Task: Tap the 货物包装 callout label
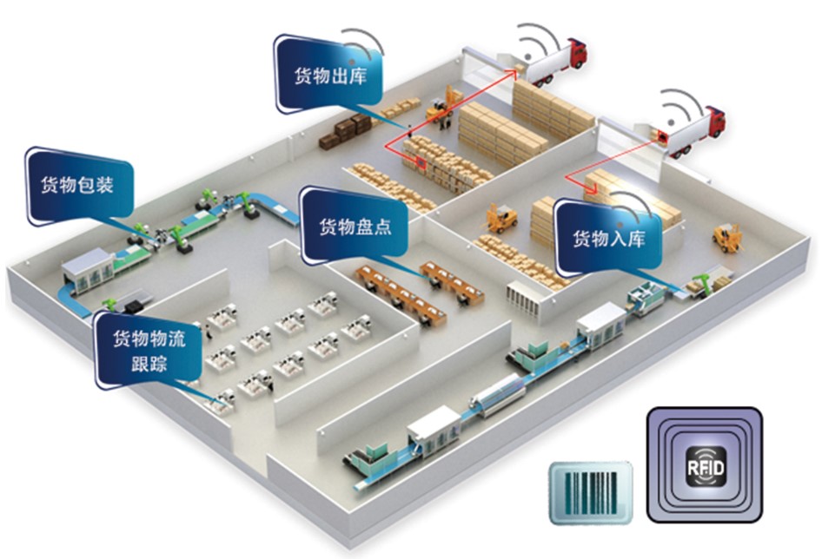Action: tap(78, 185)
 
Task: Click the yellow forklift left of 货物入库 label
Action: tap(501, 218)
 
